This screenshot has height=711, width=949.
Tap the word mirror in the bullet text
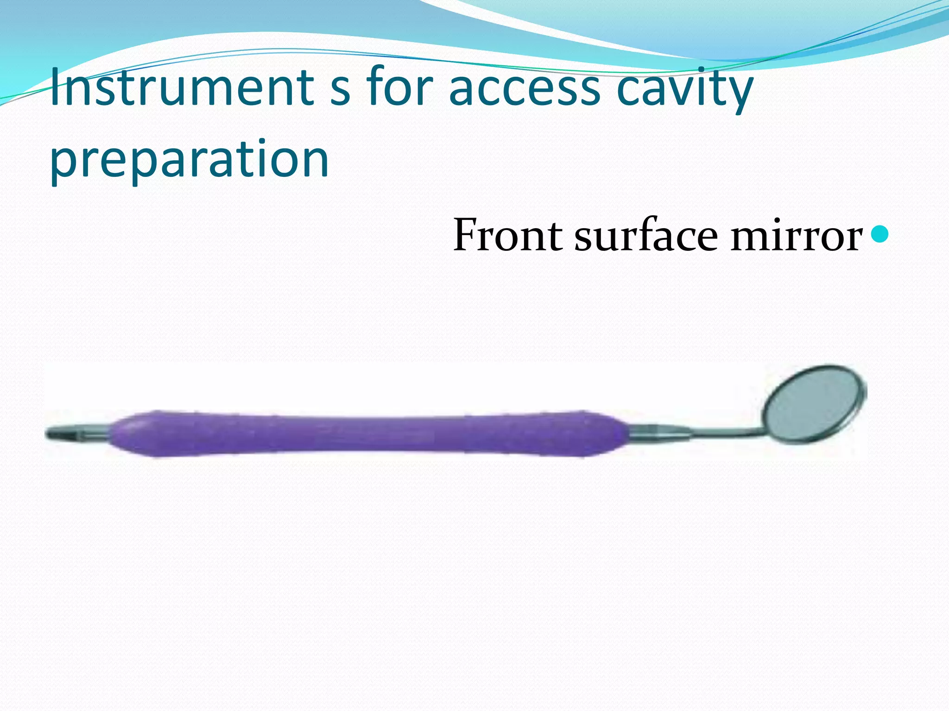(797, 236)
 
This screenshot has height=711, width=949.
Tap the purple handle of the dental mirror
(366, 433)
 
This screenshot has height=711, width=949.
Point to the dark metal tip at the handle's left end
(58, 434)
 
